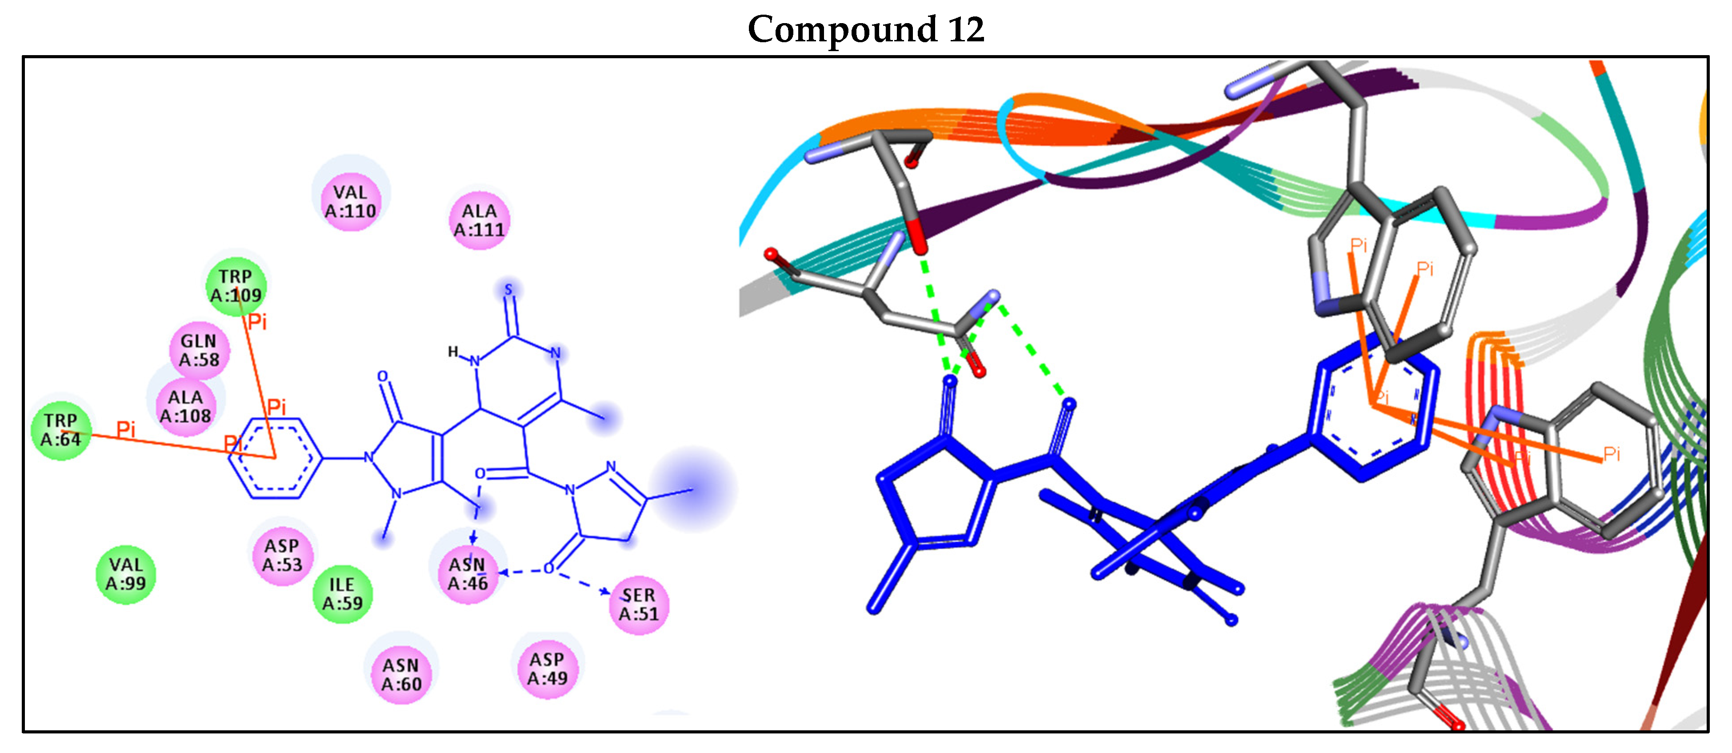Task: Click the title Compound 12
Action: (x=865, y=30)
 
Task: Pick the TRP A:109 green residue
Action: (x=235, y=286)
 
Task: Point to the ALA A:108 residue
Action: (x=186, y=406)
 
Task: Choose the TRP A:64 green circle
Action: (x=60, y=429)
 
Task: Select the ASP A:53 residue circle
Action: (x=282, y=555)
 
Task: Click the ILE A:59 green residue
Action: (x=342, y=594)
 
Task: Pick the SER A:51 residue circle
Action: (x=638, y=604)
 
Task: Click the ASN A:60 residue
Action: (x=401, y=674)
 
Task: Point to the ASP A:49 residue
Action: (x=547, y=668)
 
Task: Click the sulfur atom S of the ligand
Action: (x=508, y=290)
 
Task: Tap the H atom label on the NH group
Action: (x=453, y=351)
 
